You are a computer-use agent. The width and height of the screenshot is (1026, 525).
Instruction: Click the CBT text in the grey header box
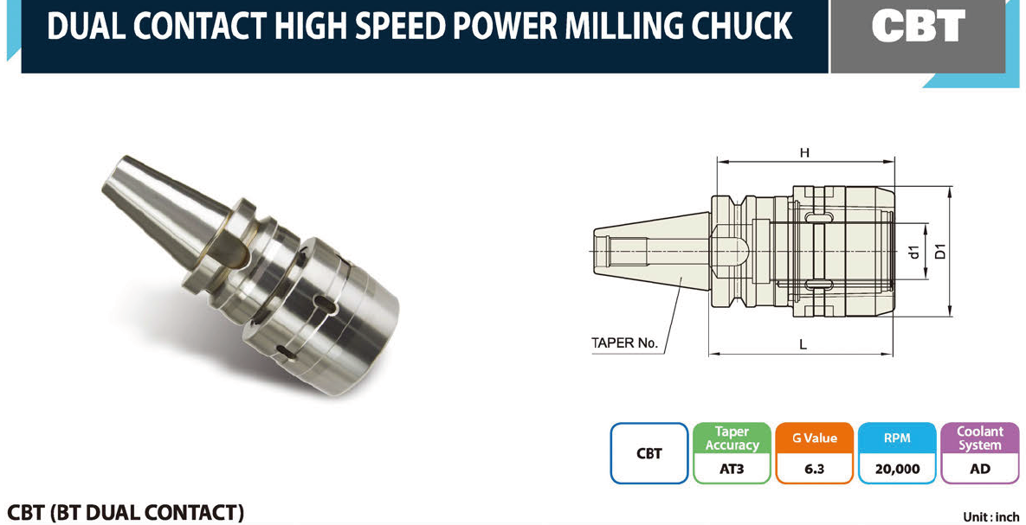[x=918, y=27]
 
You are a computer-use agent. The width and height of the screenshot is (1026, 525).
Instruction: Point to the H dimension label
[x=805, y=153]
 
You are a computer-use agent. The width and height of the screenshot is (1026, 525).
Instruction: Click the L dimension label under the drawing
[x=803, y=344]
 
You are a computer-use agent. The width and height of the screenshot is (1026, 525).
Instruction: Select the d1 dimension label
[x=915, y=251]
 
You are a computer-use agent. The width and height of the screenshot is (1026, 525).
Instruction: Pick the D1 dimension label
[x=940, y=251]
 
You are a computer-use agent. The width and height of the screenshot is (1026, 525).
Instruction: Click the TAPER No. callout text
[x=624, y=343]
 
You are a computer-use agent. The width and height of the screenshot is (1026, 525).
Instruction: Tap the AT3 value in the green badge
[x=732, y=469]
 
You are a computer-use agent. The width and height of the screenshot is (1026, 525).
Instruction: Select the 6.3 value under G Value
[x=815, y=469]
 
